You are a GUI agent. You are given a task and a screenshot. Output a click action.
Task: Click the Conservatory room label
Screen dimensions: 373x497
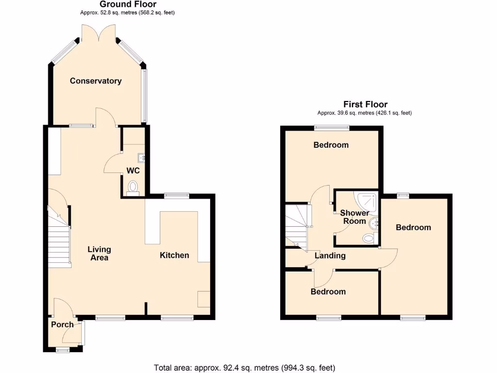(96, 81)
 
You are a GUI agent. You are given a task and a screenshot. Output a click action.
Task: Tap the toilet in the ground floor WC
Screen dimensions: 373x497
(133, 187)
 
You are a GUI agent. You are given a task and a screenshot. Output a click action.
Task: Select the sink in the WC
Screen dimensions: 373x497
(141, 157)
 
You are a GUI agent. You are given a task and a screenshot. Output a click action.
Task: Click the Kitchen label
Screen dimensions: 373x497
(175, 255)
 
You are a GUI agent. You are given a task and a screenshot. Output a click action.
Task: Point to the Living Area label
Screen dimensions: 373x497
(99, 253)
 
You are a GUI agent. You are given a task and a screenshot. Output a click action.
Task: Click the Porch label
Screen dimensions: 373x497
(62, 324)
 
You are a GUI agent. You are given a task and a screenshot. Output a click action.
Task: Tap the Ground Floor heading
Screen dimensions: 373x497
(128, 4)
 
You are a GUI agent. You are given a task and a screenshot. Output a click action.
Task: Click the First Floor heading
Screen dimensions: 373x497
(365, 104)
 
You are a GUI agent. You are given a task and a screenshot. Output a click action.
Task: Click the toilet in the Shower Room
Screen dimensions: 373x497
(369, 238)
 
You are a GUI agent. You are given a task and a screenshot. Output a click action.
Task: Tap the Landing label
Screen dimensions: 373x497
(330, 255)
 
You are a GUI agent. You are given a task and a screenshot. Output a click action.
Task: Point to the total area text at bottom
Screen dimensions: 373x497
(244, 368)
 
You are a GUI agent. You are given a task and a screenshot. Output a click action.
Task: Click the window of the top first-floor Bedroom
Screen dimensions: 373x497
(331, 128)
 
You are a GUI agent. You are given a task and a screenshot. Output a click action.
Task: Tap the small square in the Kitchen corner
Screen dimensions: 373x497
(204, 299)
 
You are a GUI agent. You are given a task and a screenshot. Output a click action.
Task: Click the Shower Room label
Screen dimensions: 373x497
(354, 217)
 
